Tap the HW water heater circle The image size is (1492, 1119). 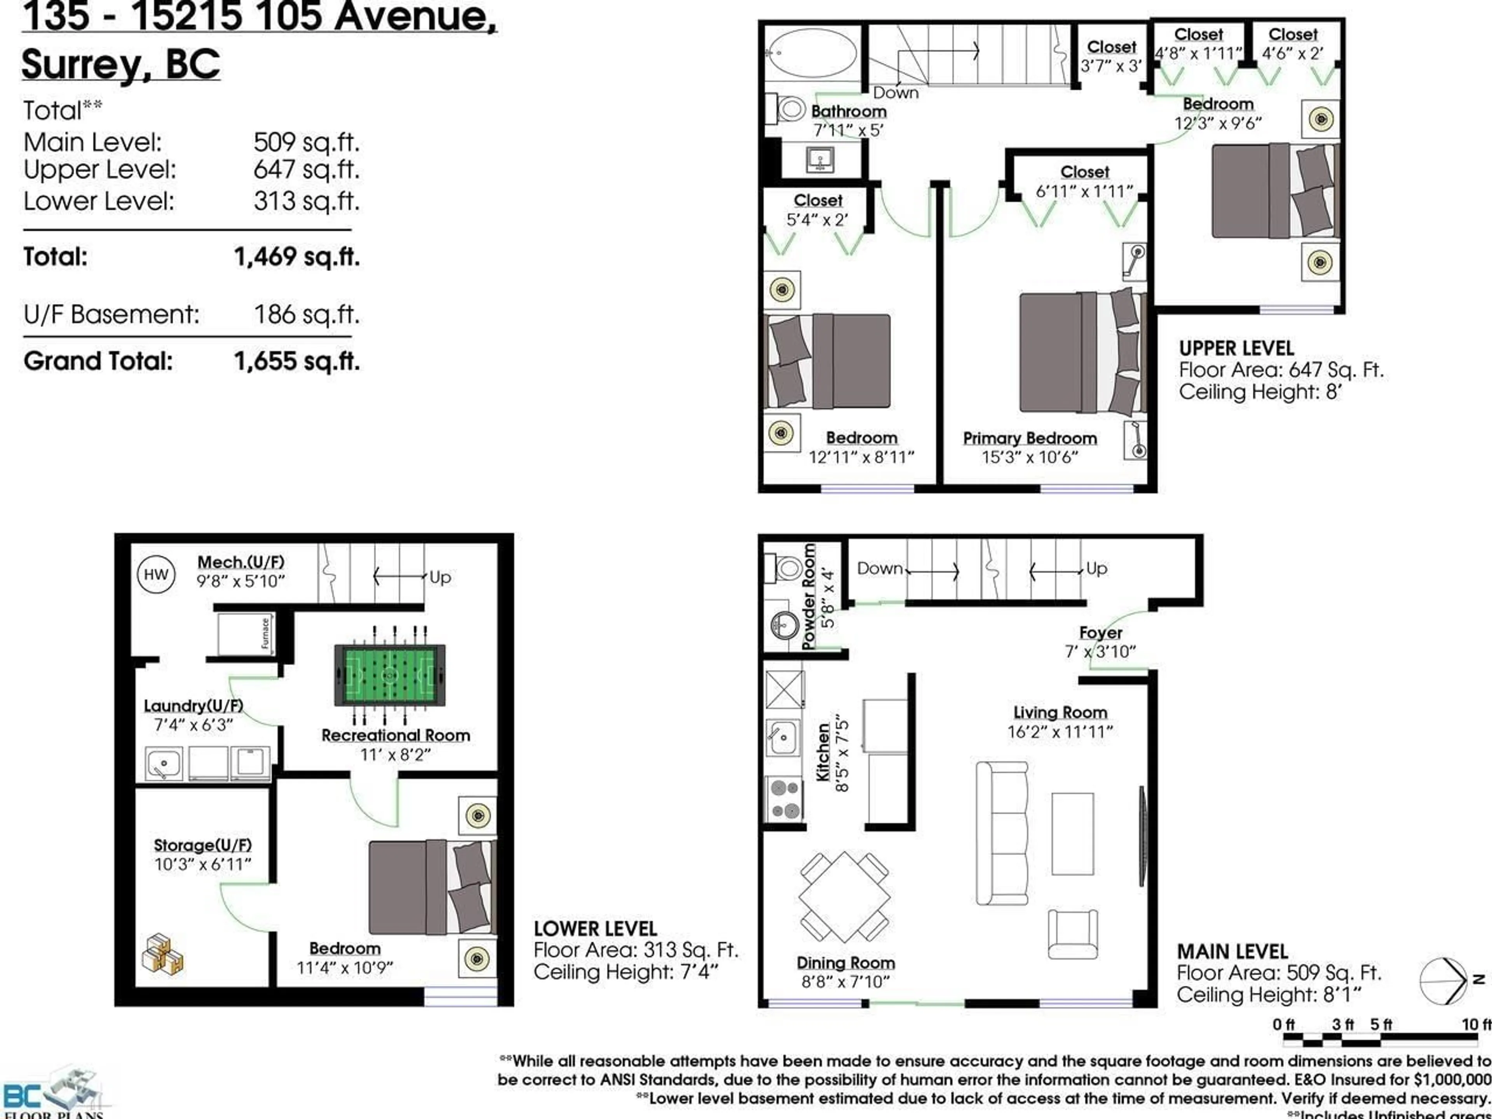[x=156, y=575]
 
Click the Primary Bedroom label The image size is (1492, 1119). [x=1029, y=438]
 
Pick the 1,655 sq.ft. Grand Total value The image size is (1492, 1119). [x=297, y=361]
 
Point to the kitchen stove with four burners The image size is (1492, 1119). [x=784, y=798]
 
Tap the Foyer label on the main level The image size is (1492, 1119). [x=1100, y=633]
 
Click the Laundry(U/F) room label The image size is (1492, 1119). [x=193, y=706]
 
